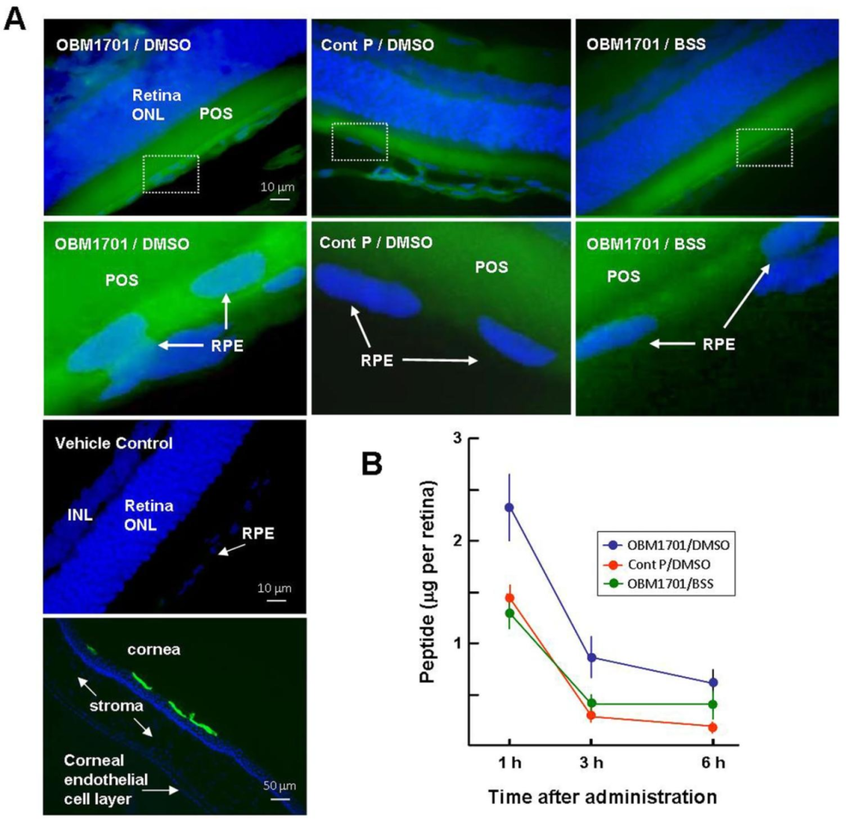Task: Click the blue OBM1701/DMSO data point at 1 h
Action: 509,507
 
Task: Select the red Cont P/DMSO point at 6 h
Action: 713,727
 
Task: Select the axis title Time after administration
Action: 602,797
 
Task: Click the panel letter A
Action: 15,18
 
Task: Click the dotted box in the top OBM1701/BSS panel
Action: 764,147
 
